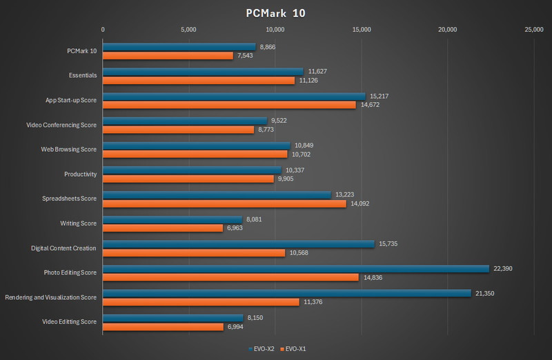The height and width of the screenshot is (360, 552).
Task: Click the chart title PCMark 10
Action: [x=275, y=12]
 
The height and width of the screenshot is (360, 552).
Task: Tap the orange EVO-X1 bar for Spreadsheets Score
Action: [x=224, y=203]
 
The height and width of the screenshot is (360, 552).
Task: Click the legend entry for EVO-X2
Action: [x=262, y=349]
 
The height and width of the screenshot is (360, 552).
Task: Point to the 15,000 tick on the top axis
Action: [x=362, y=30]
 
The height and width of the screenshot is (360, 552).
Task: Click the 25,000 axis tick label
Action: [x=533, y=30]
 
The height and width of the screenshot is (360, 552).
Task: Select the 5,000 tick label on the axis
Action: [x=189, y=30]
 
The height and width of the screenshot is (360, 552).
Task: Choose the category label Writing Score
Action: [x=79, y=223]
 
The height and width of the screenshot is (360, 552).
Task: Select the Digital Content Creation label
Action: [x=63, y=248]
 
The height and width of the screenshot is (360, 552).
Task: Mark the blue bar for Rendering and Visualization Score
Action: [x=286, y=293]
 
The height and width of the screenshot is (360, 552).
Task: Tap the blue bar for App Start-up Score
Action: [x=234, y=96]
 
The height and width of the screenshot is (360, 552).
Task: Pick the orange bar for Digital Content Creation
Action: [x=194, y=252]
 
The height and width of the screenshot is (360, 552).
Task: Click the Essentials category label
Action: [x=83, y=74]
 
